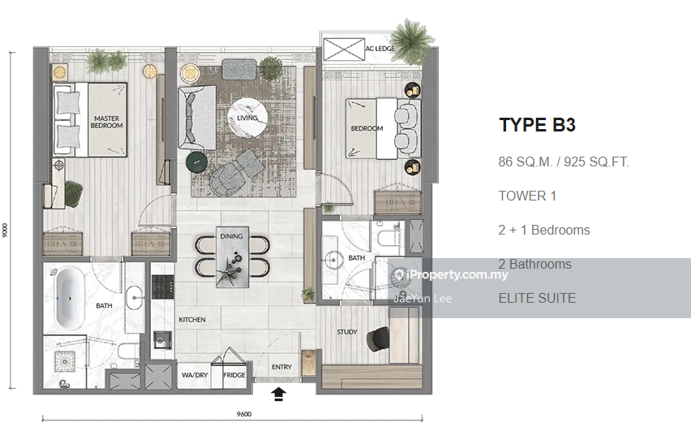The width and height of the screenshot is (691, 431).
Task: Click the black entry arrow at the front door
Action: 278,394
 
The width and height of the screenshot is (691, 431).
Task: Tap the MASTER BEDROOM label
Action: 106,122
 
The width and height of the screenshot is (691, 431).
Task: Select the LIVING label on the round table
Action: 247,118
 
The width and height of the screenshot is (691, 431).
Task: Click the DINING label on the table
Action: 231,236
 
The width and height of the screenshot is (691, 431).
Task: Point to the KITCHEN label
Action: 192,319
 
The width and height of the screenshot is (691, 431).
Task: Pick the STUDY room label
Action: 347,332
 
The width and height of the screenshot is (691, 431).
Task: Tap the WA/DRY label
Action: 195,375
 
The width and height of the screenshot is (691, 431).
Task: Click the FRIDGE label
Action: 234,375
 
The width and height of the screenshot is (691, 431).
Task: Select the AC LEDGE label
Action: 380,49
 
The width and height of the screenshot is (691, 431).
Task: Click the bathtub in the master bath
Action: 70,298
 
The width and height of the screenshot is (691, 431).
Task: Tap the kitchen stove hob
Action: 163,287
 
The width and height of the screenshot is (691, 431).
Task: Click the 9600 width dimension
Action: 244,414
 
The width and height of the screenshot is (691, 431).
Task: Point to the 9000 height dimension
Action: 5,230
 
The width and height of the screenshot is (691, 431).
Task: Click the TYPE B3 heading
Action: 537,125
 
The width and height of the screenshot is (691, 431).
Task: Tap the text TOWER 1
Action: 527,196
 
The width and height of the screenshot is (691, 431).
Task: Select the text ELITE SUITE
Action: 537,298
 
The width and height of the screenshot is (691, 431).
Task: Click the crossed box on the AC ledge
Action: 344,49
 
